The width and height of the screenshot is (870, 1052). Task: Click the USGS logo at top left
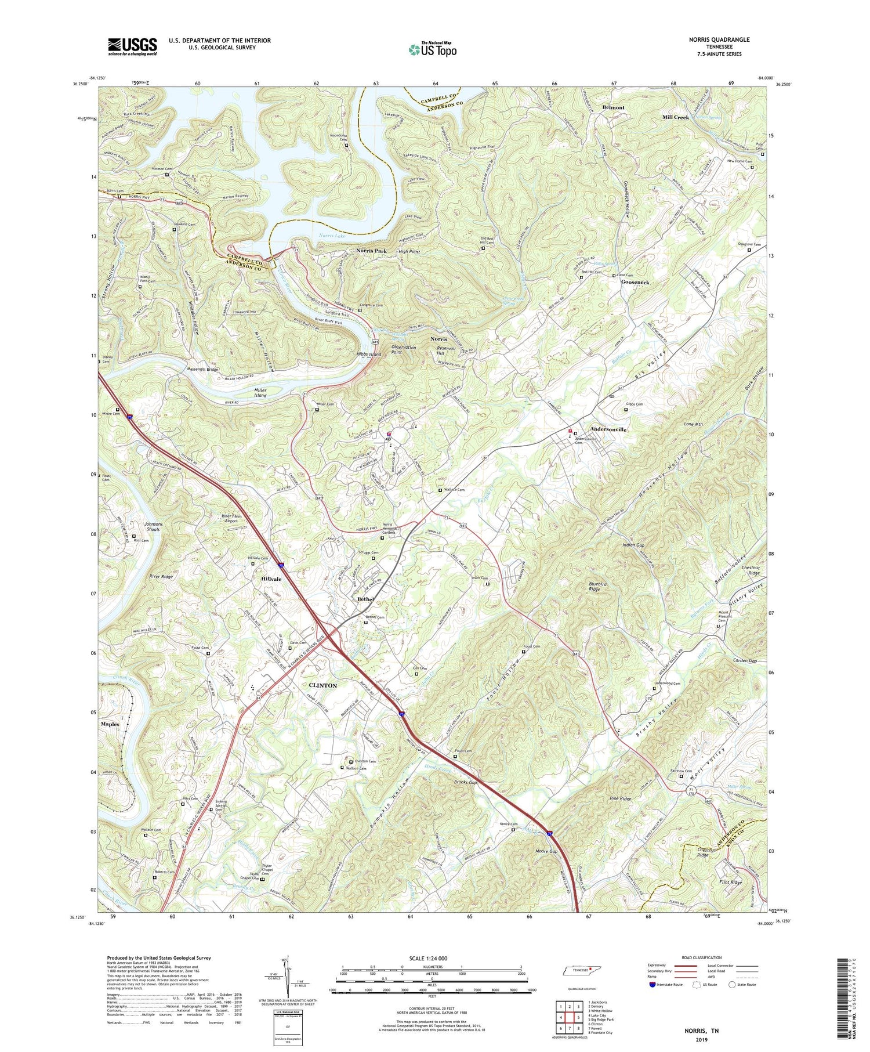(132, 46)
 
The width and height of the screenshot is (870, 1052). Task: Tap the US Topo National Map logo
(433, 49)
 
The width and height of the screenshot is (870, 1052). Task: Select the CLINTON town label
(321, 685)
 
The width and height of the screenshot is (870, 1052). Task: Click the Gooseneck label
(635, 282)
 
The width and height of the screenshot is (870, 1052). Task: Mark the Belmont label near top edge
(613, 107)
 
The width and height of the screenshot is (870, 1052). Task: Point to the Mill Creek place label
(676, 117)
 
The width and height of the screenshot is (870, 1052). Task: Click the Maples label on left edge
(110, 724)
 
